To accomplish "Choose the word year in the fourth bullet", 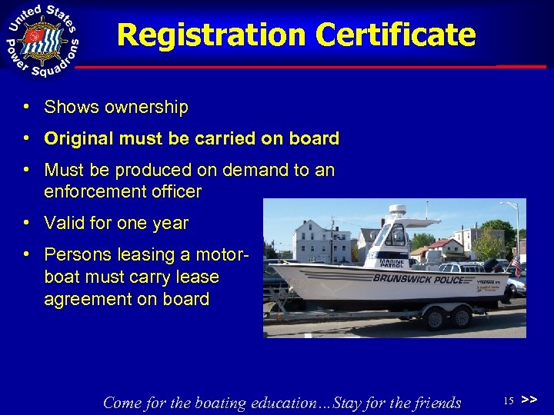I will (x=169, y=224).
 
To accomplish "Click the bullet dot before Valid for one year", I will (x=27, y=224).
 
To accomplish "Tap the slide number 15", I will (x=508, y=400).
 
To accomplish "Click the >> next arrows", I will (x=529, y=400).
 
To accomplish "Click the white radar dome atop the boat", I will (x=398, y=211).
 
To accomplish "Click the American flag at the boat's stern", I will (x=516, y=267).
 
